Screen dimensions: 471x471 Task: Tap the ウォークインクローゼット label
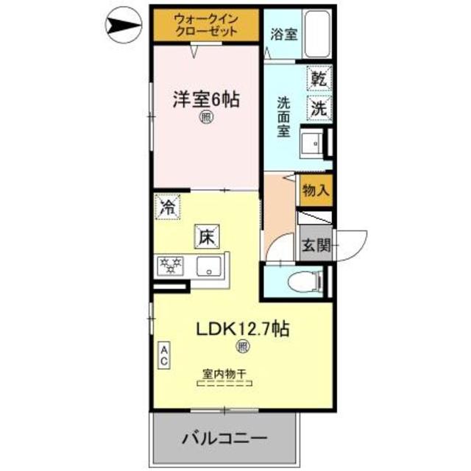tap(206, 25)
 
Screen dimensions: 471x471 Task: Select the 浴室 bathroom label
tap(283, 33)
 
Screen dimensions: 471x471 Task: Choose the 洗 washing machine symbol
tap(319, 107)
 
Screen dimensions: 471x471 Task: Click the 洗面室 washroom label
tap(283, 117)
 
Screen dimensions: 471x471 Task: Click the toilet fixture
tap(305, 280)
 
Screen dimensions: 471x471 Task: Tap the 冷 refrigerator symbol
tap(169, 206)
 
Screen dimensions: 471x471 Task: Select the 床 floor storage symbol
tap(206, 236)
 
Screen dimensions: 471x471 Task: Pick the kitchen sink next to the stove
tap(211, 266)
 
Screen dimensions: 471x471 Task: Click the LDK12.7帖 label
tap(241, 328)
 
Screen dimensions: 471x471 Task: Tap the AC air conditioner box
tap(165, 357)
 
